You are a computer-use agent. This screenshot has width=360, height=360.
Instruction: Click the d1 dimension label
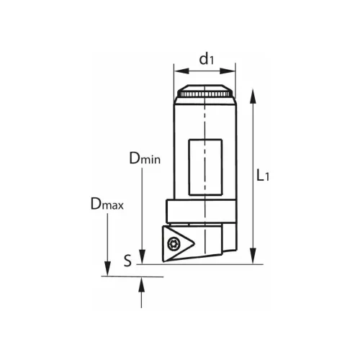(x=207, y=59)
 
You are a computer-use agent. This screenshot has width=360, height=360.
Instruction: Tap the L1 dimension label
(x=263, y=175)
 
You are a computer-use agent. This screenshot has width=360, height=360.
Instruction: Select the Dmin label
(x=145, y=158)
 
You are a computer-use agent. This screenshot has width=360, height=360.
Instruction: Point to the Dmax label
(x=107, y=204)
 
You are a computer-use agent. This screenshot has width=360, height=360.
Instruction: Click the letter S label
(x=128, y=261)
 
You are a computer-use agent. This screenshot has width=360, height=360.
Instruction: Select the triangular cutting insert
(x=179, y=243)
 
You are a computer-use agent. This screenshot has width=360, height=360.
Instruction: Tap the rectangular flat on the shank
(x=205, y=167)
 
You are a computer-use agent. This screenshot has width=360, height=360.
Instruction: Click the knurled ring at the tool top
(x=205, y=94)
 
